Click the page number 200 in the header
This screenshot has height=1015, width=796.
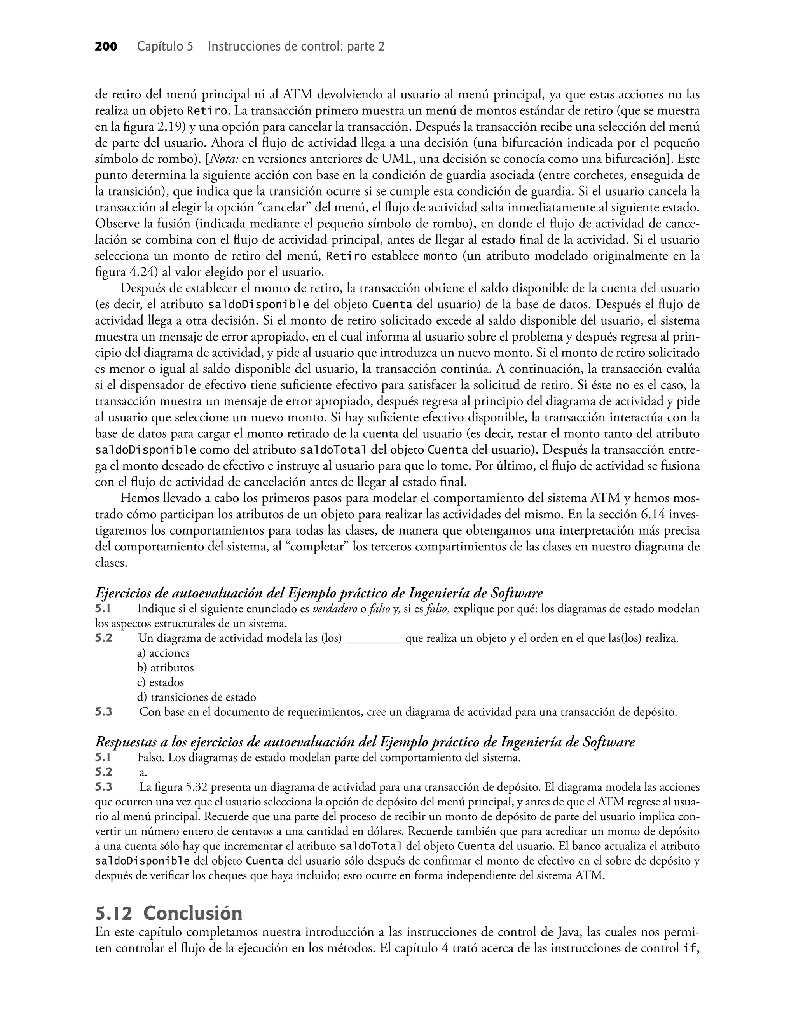click(x=106, y=47)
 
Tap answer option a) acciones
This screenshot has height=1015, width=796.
click(x=163, y=653)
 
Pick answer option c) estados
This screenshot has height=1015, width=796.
click(x=160, y=683)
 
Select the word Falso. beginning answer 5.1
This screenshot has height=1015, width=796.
click(x=151, y=758)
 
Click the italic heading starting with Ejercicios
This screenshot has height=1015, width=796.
click(x=319, y=593)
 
